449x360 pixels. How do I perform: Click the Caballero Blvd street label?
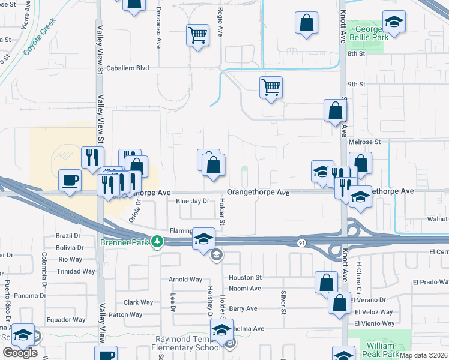click(x=127, y=68)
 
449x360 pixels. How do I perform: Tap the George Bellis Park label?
click(x=369, y=33)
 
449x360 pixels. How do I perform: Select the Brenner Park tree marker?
click(x=158, y=241)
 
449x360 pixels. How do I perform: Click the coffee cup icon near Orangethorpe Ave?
click(x=70, y=180)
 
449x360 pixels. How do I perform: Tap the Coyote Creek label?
click(x=40, y=37)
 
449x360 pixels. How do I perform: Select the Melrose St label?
click(x=368, y=142)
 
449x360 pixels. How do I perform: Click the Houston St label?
click(x=245, y=278)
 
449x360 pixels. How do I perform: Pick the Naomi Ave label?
click(x=245, y=288)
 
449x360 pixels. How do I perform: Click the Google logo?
click(x=20, y=352)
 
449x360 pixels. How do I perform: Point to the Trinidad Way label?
click(x=76, y=271)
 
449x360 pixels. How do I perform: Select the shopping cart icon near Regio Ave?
click(x=197, y=35)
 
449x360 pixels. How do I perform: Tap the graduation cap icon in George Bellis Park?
click(x=394, y=22)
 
